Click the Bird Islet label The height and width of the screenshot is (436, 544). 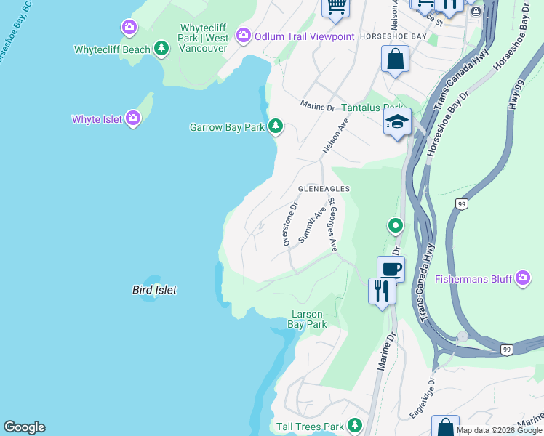154,290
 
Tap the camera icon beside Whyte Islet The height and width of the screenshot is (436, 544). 132,118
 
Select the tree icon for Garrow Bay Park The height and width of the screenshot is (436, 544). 275,126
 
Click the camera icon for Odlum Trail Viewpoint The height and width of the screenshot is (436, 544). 243,35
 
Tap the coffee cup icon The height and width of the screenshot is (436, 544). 391,268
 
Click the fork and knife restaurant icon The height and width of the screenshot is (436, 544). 382,291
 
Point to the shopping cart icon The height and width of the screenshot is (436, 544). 335,7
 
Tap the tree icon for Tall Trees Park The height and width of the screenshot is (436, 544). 355,426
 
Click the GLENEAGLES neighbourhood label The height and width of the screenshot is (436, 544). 324,189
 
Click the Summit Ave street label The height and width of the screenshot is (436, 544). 312,225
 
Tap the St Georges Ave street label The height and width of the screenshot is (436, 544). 332,225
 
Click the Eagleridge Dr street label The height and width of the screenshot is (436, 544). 423,397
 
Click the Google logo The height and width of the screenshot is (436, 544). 24,427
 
